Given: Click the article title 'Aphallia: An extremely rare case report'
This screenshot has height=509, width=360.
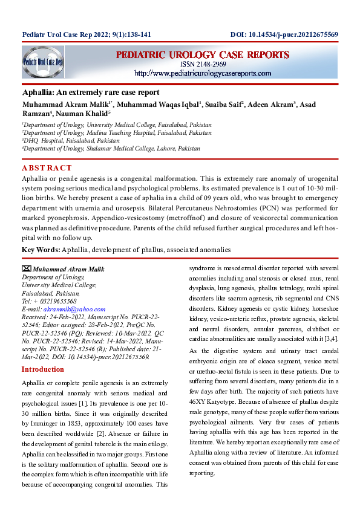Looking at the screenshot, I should coord(90,92).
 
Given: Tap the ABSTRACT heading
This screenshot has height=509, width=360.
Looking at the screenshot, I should coord(47,167).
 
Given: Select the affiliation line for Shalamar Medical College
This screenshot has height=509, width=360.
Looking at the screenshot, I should coord(111,148).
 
